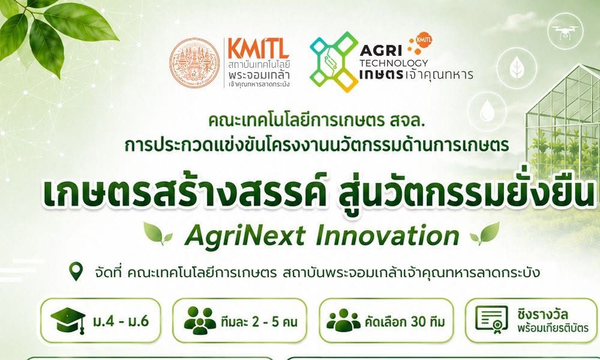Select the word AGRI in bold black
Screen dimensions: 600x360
tap(381, 50)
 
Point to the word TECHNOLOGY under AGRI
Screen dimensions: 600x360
tap(394, 63)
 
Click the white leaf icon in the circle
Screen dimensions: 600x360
tap(517, 68)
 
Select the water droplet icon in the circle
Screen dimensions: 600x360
tap(487, 109)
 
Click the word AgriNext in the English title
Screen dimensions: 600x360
tap(245, 236)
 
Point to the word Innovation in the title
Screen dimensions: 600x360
tap(388, 236)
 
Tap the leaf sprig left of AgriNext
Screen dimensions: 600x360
tap(157, 233)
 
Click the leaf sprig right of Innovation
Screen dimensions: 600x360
tap(485, 233)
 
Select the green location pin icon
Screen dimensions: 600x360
tap(76, 271)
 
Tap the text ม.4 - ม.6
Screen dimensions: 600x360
tap(121, 321)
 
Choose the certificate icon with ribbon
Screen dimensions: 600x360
tap(492, 320)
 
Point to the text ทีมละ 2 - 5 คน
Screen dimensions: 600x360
tap(259, 322)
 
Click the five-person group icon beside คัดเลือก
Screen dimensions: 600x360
tap(344, 320)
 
